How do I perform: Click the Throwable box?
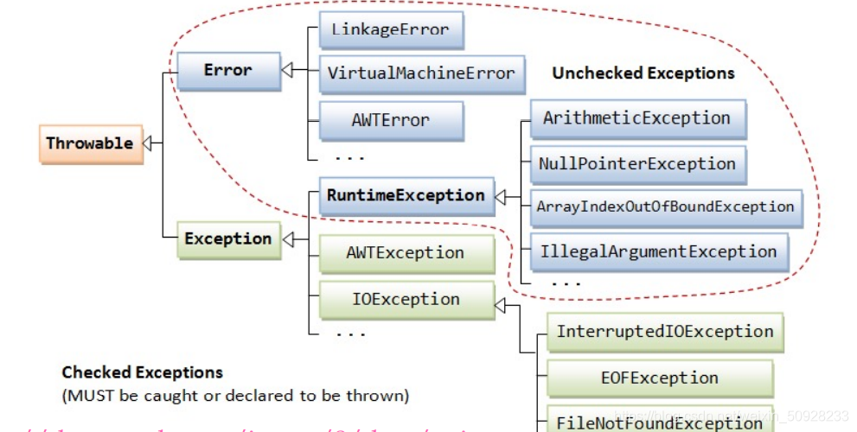coord(90,143)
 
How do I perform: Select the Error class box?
coord(228,71)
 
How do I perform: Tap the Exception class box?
coord(228,238)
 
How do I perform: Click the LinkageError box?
coord(391,29)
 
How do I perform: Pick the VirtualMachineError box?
coord(421,73)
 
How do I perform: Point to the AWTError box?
coord(391,120)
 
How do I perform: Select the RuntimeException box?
coord(406,195)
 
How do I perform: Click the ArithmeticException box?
coord(636,118)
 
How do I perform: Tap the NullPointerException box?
coord(636,164)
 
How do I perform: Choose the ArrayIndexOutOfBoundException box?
coord(665,207)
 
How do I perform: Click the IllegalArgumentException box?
coord(658,252)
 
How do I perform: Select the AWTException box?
coord(406,253)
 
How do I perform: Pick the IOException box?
coord(406,300)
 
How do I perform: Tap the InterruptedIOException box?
coord(664,332)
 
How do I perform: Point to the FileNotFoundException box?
coord(659,422)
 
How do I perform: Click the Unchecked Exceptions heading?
coord(643,73)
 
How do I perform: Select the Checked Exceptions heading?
coord(143,372)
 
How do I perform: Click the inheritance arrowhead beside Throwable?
coord(148,143)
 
